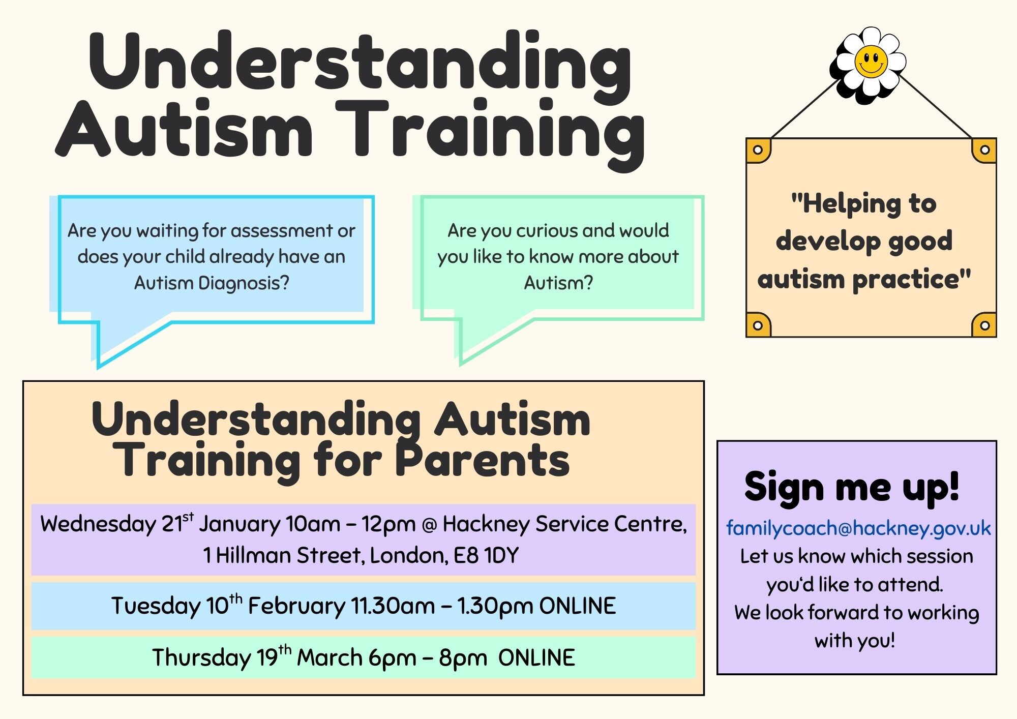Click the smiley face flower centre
(871, 62)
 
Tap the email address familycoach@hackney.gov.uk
(858, 529)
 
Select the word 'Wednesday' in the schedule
(98, 524)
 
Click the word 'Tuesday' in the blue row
(157, 606)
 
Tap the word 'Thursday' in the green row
(201, 657)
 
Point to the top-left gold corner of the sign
(758, 150)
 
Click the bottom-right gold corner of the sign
(984, 325)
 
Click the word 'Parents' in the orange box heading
(483, 460)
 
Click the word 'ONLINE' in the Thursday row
(536, 657)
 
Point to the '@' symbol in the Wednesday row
(429, 525)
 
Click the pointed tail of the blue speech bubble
(98, 365)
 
